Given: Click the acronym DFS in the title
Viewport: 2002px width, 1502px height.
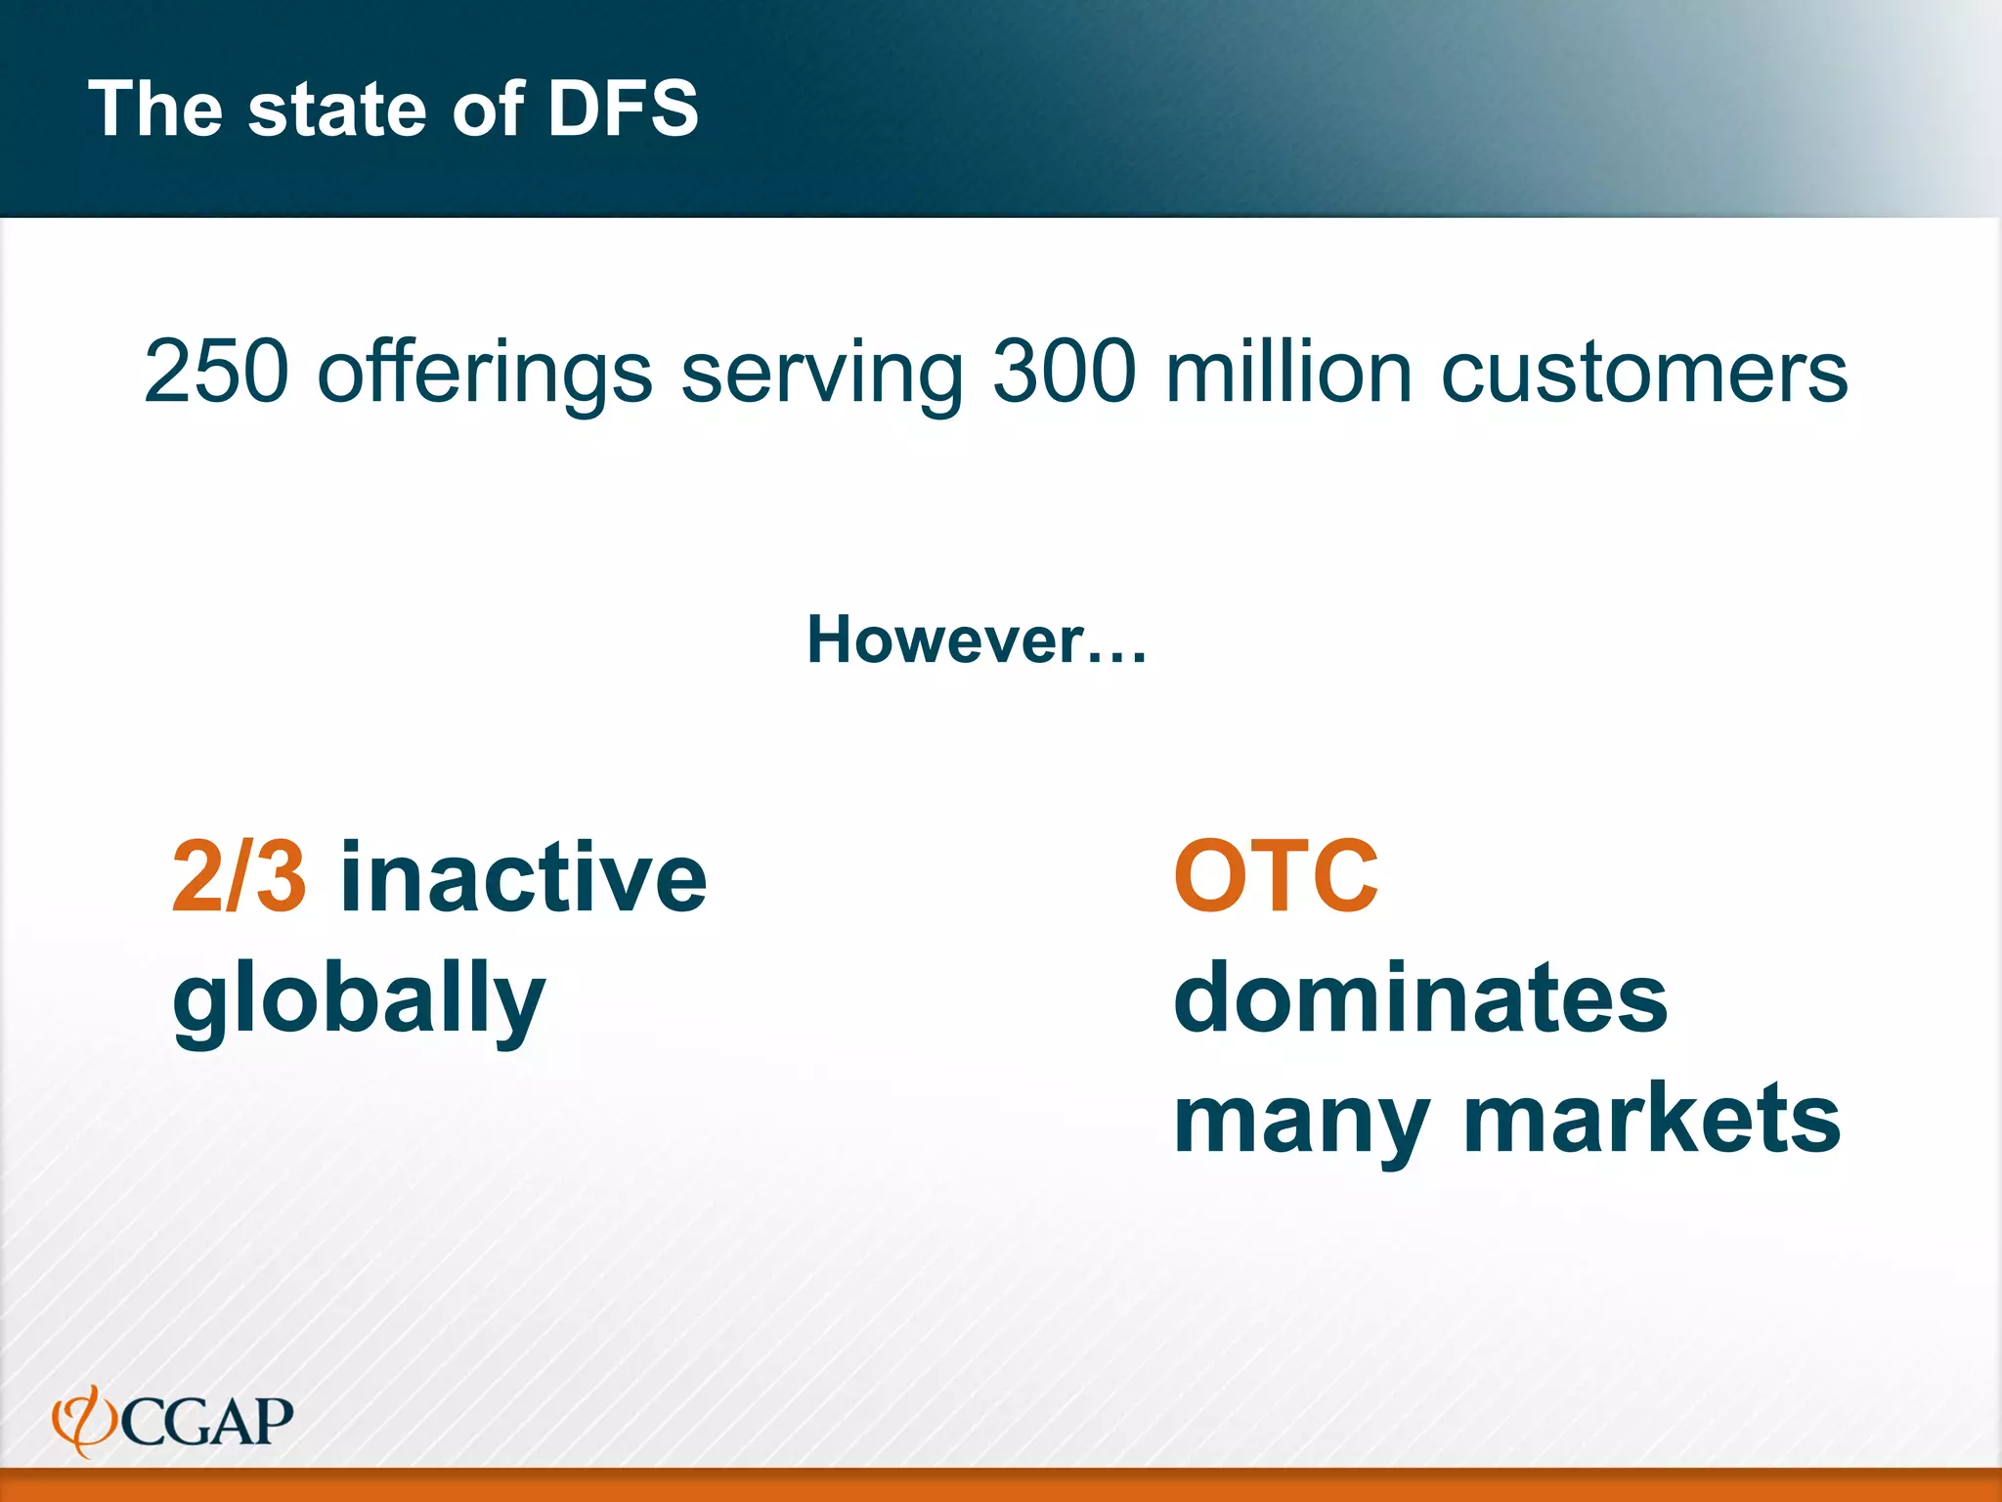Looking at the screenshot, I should (623, 109).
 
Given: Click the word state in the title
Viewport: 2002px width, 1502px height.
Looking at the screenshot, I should (336, 109).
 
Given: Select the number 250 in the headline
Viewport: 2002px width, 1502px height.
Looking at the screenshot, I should (217, 372).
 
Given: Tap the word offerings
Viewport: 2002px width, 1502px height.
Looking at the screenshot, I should (485, 374).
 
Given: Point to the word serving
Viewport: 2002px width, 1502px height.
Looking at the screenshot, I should (822, 374).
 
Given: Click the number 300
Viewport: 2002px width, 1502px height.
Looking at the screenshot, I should (1066, 372).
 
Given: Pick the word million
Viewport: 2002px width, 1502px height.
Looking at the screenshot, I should (1289, 372).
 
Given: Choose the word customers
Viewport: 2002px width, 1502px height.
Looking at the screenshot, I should (1644, 374).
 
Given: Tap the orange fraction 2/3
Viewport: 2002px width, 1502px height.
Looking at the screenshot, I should (239, 877).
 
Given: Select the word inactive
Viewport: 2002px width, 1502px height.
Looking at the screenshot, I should (523, 877).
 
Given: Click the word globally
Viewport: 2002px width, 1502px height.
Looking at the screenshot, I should (359, 1000).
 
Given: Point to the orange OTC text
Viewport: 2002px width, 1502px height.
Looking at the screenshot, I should (1276, 877).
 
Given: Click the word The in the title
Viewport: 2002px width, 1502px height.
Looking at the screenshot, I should (155, 109).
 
